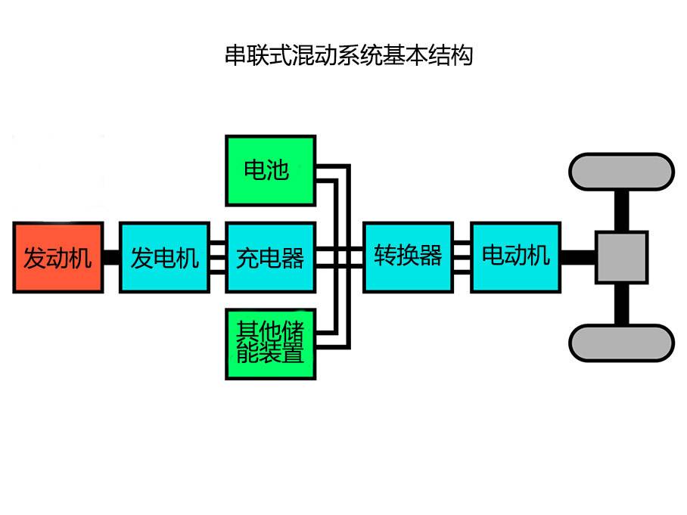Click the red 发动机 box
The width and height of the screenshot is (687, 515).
click(x=58, y=257)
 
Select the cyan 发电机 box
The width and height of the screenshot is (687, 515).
click(x=164, y=257)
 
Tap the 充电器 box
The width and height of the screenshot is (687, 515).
click(x=271, y=257)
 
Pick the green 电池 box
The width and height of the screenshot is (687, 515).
click(x=271, y=170)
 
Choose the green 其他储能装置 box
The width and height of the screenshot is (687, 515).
click(x=271, y=343)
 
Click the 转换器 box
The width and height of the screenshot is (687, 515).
click(x=409, y=257)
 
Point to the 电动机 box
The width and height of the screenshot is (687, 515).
click(x=516, y=257)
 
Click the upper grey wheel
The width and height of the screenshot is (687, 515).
click(x=622, y=172)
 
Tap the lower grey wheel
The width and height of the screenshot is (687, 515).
click(x=622, y=343)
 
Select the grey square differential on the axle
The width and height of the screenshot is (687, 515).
click(x=622, y=257)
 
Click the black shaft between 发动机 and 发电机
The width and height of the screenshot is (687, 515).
click(x=111, y=257)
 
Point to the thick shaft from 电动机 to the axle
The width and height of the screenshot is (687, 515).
click(x=579, y=257)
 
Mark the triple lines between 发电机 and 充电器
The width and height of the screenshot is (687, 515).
click(x=218, y=257)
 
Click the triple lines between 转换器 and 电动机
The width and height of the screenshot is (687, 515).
click(x=462, y=257)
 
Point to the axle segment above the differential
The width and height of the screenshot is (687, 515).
click(x=622, y=211)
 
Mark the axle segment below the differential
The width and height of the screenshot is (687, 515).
click(x=622, y=303)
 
